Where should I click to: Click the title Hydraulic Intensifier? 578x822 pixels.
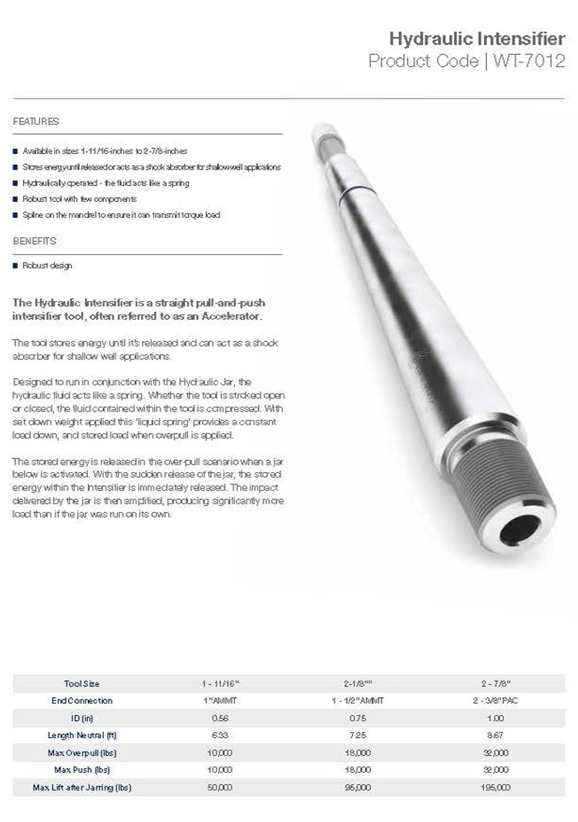click(x=477, y=39)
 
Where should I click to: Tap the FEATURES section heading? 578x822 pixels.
click(x=35, y=122)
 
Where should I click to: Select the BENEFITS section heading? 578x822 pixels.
click(x=35, y=241)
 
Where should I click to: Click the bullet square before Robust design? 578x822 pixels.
click(x=15, y=266)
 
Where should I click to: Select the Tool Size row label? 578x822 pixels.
click(x=81, y=684)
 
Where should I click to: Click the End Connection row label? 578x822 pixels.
click(x=82, y=701)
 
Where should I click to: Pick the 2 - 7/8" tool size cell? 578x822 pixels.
click(x=496, y=684)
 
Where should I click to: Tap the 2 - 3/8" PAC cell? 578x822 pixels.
click(x=496, y=701)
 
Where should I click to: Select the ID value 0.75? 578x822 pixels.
click(x=358, y=718)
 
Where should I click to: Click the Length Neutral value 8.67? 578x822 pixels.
click(x=496, y=736)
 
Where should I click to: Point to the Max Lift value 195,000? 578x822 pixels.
click(x=496, y=787)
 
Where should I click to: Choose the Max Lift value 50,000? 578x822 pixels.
click(x=220, y=787)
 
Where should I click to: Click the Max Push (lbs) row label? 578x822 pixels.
click(x=81, y=770)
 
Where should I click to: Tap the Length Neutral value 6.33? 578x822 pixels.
click(x=220, y=736)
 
